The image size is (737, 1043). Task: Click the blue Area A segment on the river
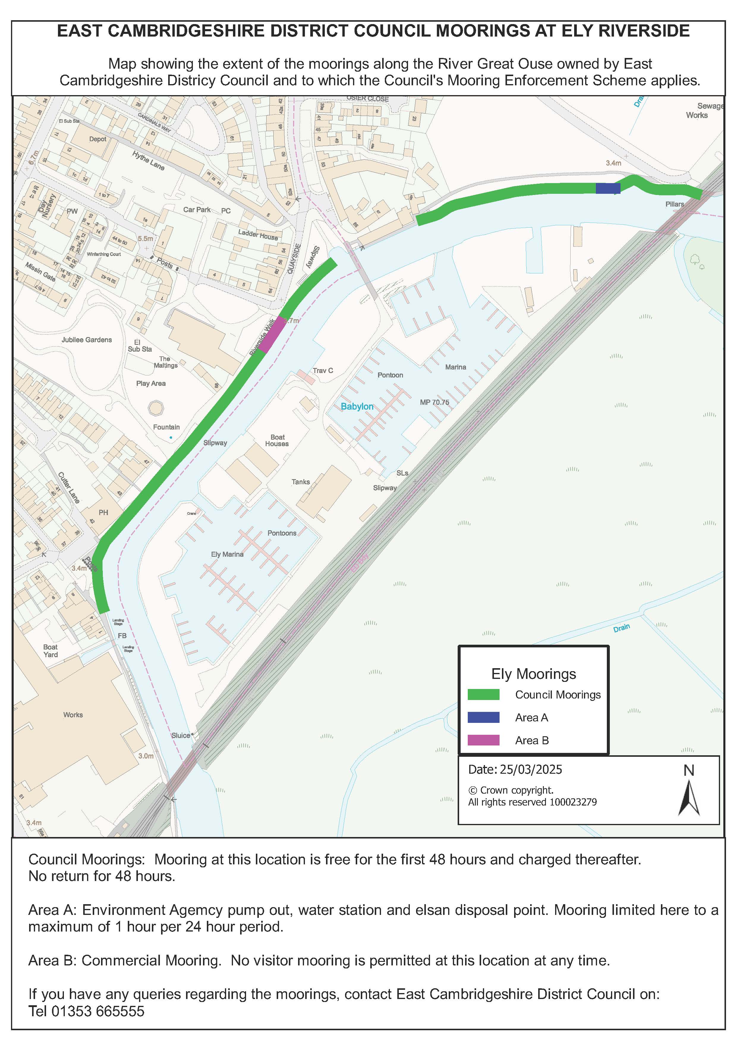pos(608,188)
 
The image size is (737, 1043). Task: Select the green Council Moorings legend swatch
pos(484,695)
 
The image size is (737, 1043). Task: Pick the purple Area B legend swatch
pos(484,740)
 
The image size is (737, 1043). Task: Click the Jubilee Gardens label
pos(87,340)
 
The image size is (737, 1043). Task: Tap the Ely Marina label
pos(227,554)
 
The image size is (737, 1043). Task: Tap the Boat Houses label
pos(277,441)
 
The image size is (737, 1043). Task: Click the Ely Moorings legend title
pos(533,674)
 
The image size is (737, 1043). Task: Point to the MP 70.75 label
pos(434,402)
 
